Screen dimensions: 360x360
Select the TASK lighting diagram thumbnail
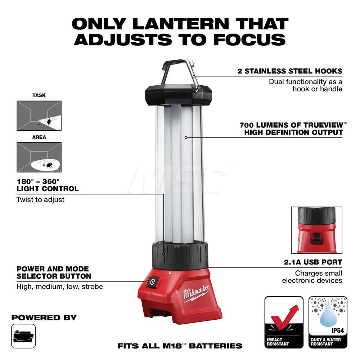39,116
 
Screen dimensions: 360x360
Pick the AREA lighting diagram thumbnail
39,157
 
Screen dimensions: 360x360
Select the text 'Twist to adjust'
40,199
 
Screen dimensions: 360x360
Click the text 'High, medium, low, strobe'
60,287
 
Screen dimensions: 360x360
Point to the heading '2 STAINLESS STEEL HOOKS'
290,71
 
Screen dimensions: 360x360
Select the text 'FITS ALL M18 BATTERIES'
180,346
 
